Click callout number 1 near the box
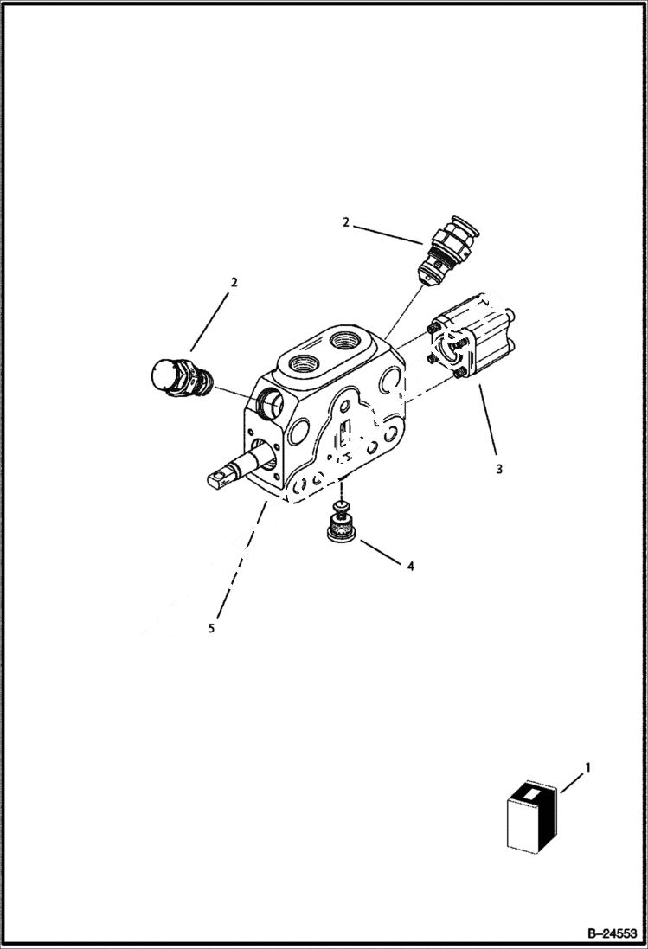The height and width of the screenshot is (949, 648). (588, 766)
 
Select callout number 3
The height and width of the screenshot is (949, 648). (498, 470)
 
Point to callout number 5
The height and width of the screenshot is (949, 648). (211, 628)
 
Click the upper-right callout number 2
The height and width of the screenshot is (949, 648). (345, 222)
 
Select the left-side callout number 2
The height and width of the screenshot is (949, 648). (234, 282)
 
